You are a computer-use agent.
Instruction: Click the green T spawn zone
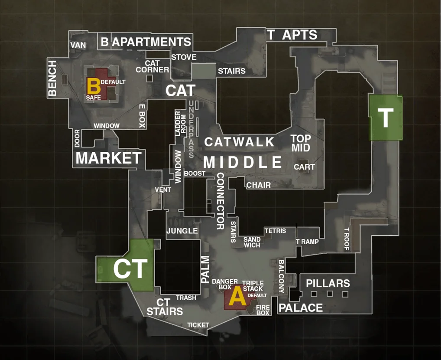coord(385,118)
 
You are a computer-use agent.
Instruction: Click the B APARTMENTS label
coord(146,42)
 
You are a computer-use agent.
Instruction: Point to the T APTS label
coord(292,35)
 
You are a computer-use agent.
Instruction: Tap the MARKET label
coord(108,158)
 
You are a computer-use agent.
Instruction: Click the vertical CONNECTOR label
coord(221,201)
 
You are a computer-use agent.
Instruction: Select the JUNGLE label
coord(182,231)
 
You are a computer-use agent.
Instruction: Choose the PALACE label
coord(301,308)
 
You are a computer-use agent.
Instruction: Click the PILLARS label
coord(328,284)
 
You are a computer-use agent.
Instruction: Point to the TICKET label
coord(198,325)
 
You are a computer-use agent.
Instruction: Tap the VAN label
coord(78,45)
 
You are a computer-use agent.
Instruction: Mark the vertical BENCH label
coord(52,78)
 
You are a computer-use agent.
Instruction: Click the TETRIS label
coord(275,231)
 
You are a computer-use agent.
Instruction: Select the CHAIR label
coord(259,185)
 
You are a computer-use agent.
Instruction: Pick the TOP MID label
coord(301,143)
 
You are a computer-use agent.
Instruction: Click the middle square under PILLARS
coord(329,294)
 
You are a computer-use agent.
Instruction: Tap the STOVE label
coord(184,57)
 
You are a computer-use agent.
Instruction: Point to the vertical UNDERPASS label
coord(192,129)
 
